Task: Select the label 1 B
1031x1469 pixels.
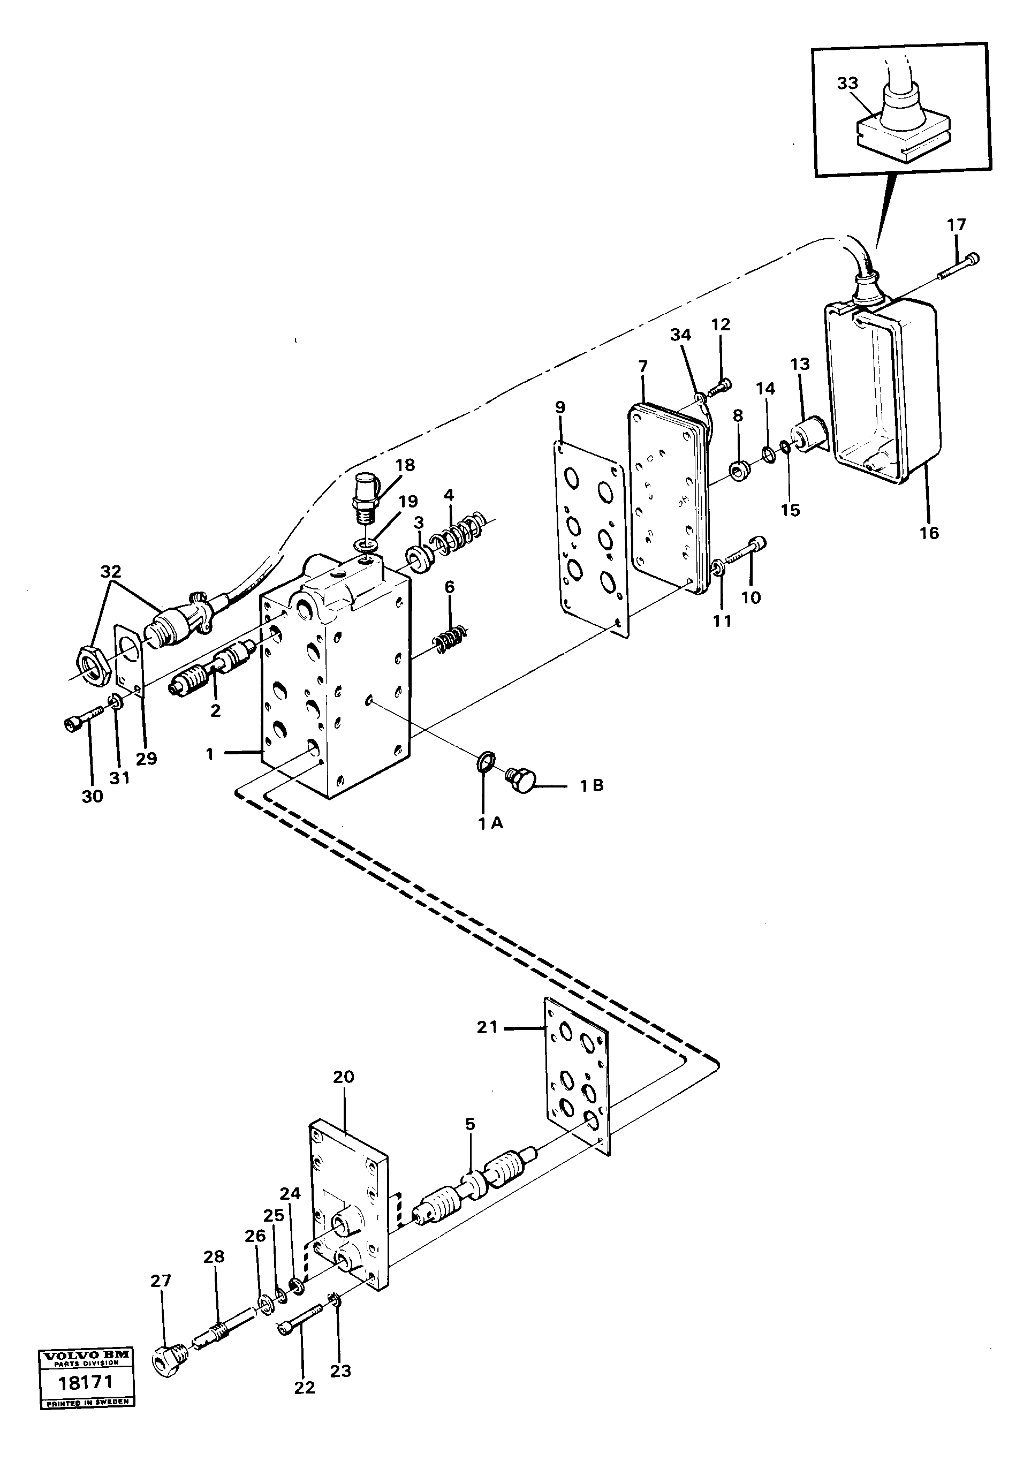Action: pos(592,786)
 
